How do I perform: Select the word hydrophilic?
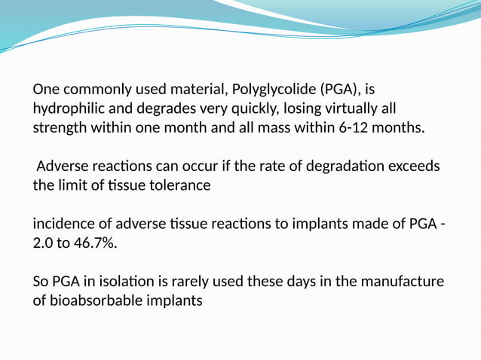[x=69, y=108]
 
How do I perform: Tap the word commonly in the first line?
[x=93, y=89]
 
